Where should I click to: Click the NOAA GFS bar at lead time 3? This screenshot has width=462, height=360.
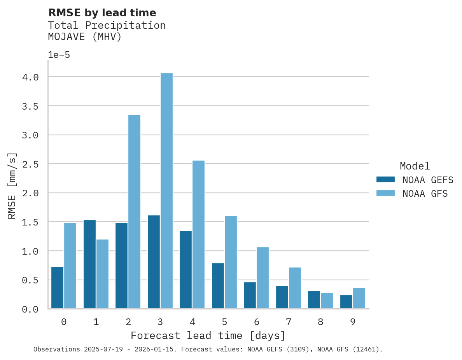(x=166, y=190)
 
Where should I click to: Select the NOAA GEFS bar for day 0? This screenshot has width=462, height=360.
(x=57, y=288)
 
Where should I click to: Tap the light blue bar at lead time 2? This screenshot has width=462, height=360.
(x=134, y=211)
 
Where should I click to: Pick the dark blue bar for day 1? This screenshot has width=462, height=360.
(x=89, y=264)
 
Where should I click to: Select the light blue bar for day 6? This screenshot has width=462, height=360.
(x=262, y=278)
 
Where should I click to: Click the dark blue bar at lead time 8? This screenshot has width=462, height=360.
(x=314, y=300)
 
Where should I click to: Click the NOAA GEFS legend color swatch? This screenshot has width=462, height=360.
(x=385, y=180)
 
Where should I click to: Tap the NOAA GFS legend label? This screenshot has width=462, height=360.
(x=425, y=194)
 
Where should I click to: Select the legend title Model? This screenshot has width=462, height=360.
(x=415, y=166)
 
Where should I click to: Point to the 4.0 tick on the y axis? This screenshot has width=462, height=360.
(x=30, y=77)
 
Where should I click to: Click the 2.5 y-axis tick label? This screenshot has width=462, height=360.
(x=30, y=164)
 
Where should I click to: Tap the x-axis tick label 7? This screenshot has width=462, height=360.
(x=288, y=322)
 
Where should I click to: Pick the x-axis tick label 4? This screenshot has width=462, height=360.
(x=192, y=322)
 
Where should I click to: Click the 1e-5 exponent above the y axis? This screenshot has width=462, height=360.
(x=59, y=55)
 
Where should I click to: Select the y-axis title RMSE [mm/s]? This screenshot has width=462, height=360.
(x=12, y=186)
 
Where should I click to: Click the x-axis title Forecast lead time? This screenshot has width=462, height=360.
(x=208, y=336)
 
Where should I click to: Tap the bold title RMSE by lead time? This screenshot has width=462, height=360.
(x=102, y=13)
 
